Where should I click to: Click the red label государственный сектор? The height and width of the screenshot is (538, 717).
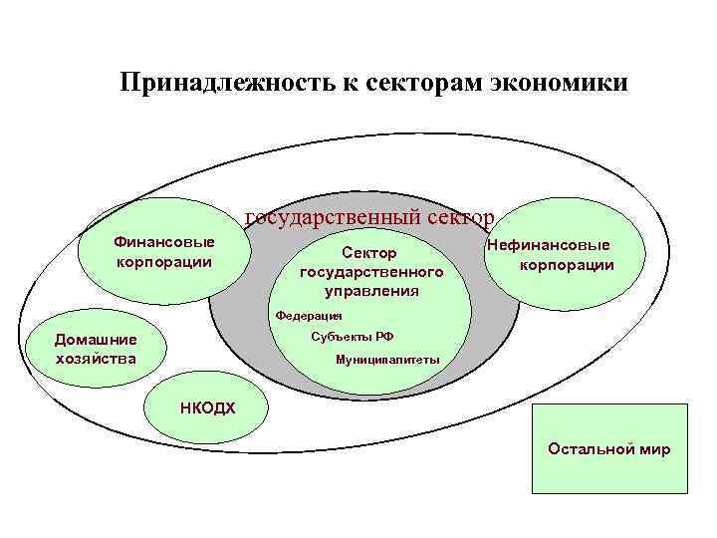pyautogui.click(x=369, y=217)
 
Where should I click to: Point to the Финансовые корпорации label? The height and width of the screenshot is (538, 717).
pyautogui.click(x=163, y=252)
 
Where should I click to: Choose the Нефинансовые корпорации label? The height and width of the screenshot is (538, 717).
pyautogui.click(x=558, y=256)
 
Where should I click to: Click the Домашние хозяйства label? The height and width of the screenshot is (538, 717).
pyautogui.click(x=95, y=349)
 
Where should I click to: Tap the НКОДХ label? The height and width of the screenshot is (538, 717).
pyautogui.click(x=208, y=406)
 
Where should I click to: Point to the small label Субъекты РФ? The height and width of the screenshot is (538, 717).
pyautogui.click(x=346, y=336)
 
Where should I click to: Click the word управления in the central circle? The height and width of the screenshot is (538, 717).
pyautogui.click(x=371, y=290)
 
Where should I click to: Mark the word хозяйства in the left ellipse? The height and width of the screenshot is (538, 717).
pyautogui.click(x=97, y=358)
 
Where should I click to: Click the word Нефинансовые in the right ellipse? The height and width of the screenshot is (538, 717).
pyautogui.click(x=549, y=246)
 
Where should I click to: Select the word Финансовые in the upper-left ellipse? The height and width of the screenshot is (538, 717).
pyautogui.click(x=164, y=242)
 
